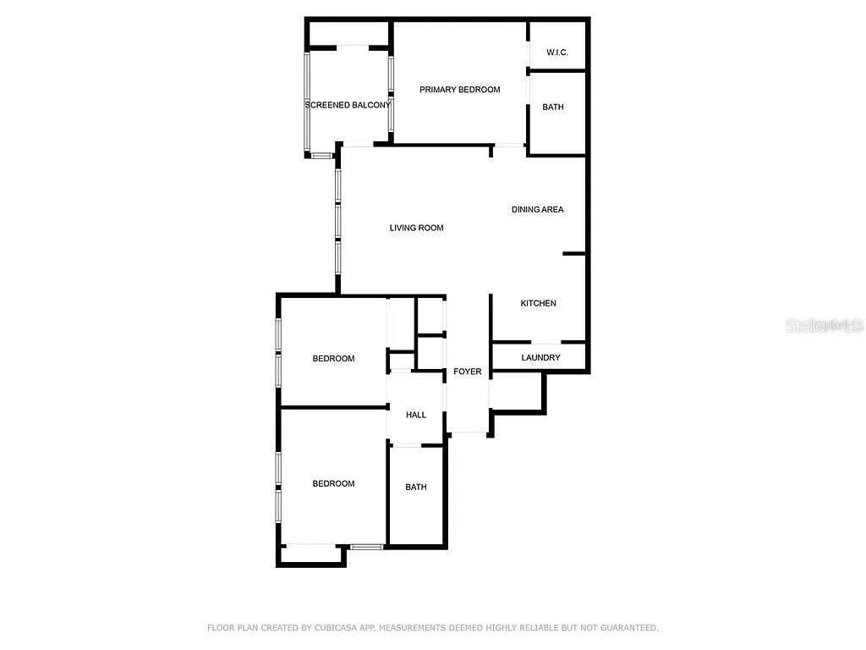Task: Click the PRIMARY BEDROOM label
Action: pos(459,90)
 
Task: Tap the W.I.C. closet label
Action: pos(556,52)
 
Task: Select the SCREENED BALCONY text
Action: pos(348,105)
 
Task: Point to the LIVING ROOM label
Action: pos(416,228)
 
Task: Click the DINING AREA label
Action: pos(537,209)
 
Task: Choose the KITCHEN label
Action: pos(538,303)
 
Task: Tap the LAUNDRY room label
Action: pos(540,358)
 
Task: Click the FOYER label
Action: pos(468,372)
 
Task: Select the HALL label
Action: pos(416,415)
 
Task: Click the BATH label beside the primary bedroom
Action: pos(553,107)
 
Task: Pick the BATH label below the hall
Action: pos(416,487)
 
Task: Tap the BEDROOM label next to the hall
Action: pos(333,359)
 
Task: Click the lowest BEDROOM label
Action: pos(333,483)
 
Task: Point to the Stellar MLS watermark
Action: pos(824,325)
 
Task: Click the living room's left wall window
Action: pos(337,220)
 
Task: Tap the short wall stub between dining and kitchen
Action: pos(574,253)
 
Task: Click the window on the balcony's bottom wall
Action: pos(321,156)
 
